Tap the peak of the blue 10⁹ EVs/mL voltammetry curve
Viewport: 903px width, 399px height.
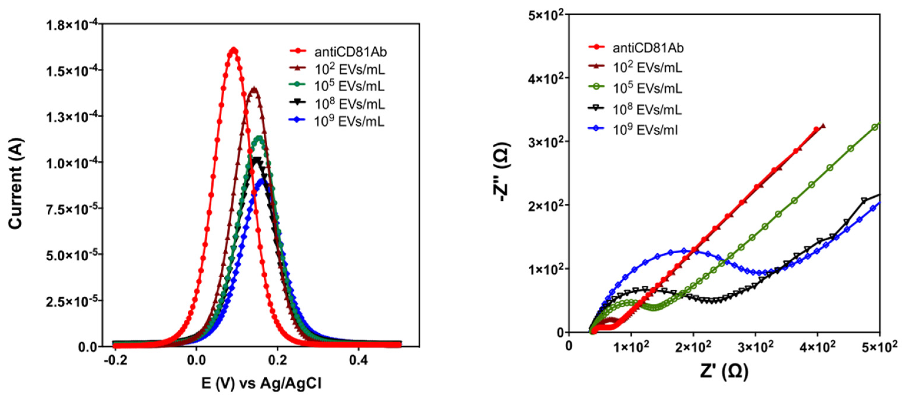(261, 181)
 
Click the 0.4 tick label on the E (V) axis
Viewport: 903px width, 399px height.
(358, 361)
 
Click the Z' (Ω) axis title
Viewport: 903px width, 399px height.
(724, 372)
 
